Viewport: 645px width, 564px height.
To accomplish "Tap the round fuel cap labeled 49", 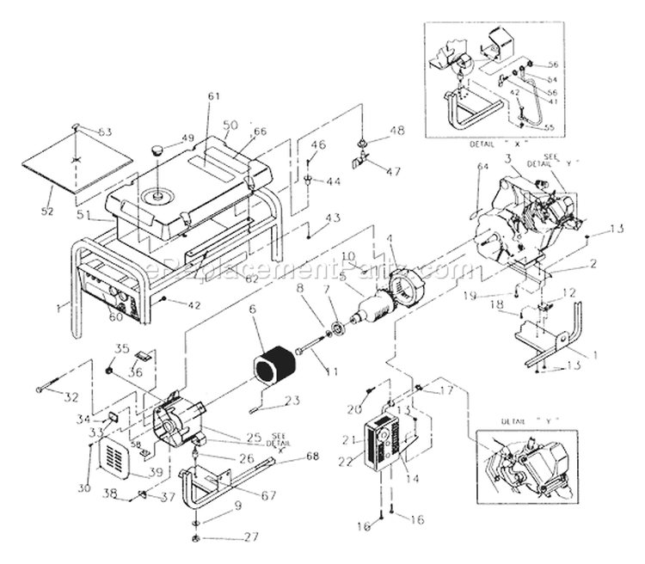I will [158, 151].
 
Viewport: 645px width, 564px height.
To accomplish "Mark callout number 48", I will [396, 131].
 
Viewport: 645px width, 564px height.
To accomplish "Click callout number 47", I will [392, 172].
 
